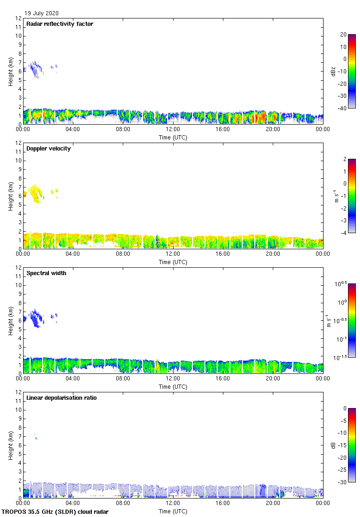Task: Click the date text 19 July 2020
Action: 42,13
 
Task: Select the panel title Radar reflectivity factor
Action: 60,24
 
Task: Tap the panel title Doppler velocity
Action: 48,149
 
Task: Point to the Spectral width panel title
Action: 46,273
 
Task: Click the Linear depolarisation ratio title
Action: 61,398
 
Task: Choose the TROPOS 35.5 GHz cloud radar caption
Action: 55,512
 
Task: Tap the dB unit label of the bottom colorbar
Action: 333,445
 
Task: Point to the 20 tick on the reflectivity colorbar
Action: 343,35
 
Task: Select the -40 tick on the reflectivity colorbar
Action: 342,108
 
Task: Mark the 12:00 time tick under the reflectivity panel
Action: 173,130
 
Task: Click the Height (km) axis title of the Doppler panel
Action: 10,196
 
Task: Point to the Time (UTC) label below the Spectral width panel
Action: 173,387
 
